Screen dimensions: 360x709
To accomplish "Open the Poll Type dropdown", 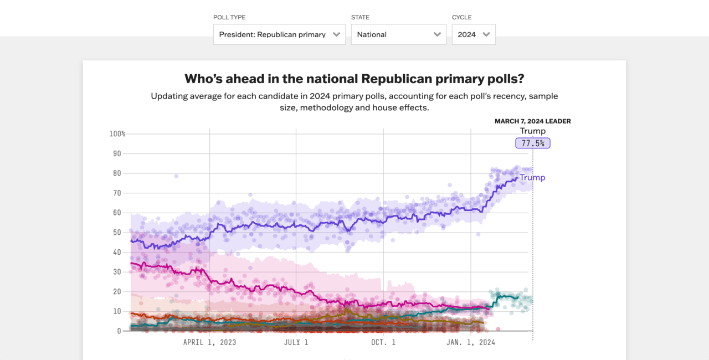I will [279, 34].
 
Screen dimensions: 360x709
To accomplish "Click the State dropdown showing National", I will [398, 34].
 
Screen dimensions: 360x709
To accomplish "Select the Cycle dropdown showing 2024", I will [474, 34].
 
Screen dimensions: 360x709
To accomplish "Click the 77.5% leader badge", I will [533, 143].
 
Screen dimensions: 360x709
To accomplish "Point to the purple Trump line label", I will [532, 177].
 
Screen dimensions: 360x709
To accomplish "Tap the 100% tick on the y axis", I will [117, 134].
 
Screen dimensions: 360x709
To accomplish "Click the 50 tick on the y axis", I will [117, 233].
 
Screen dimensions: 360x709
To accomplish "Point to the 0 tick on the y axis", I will [119, 331].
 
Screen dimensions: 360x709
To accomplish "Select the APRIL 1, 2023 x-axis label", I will [209, 342].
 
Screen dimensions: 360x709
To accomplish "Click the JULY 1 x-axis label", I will [296, 342].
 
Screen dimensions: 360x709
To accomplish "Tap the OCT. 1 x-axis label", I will [383, 342].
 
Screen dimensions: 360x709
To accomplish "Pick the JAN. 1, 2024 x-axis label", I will [471, 342].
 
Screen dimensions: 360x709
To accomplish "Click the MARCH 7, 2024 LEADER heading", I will [532, 121].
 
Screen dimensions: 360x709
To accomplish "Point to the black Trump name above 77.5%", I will [532, 131].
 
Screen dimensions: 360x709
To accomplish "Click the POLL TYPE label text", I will [229, 18].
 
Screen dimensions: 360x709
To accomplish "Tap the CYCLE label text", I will [462, 18].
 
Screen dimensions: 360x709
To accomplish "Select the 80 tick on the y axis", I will [117, 173].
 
